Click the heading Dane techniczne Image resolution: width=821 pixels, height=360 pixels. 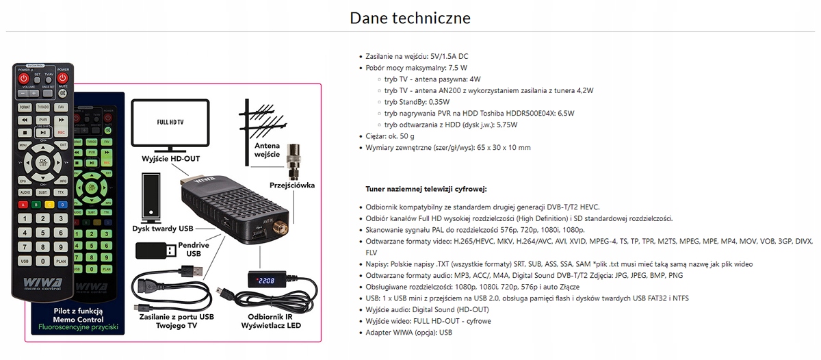click(x=410, y=17)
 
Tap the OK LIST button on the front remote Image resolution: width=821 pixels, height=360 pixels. click(x=42, y=162)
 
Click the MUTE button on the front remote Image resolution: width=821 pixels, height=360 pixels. click(x=63, y=77)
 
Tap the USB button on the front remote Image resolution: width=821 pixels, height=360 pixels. click(x=24, y=261)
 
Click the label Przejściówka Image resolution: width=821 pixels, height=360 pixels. click(x=292, y=184)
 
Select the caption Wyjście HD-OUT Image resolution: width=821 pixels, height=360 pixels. click(x=170, y=158)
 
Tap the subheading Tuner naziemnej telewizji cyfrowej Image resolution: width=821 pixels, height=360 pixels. click(x=427, y=188)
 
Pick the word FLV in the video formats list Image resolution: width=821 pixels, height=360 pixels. click(x=372, y=252)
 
